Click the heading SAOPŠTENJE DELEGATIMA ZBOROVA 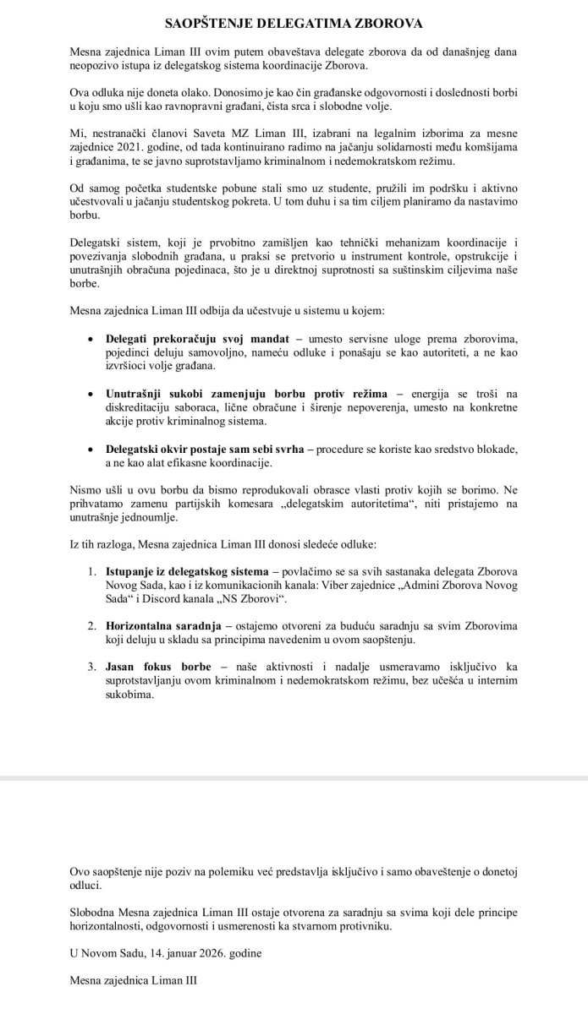point(294,21)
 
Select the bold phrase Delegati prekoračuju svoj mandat point(198,339)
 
